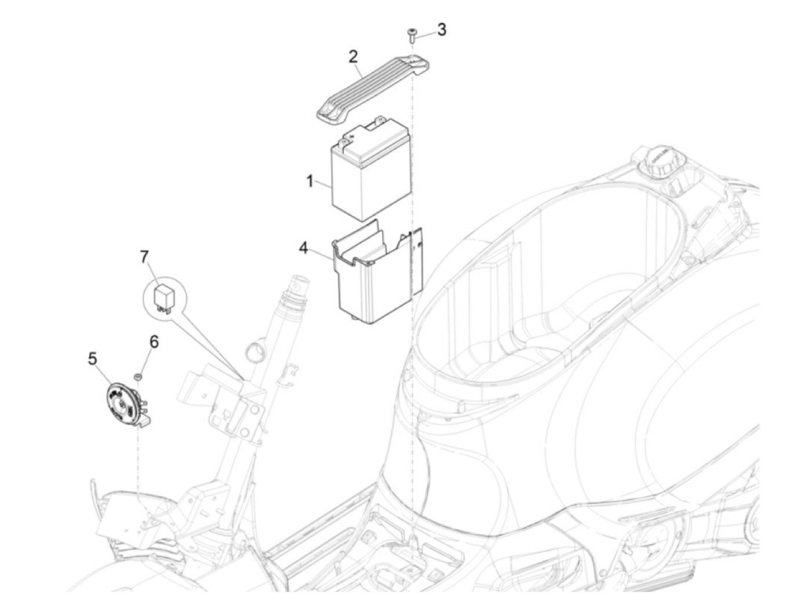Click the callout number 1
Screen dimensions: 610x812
pos(310,181)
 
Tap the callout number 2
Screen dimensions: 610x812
pos(353,57)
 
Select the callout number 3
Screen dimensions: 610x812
pos(442,30)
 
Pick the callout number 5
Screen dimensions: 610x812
pos(92,359)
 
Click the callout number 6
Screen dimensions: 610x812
pos(154,342)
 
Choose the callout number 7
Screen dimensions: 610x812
pos(144,256)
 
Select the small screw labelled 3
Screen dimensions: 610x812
pos(412,33)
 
